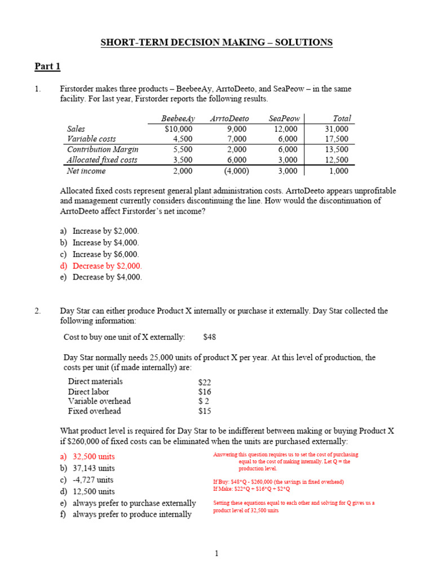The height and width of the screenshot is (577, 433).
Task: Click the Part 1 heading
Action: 47,67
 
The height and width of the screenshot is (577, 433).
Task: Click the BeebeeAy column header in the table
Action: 178,118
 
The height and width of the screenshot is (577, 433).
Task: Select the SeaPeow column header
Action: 282,118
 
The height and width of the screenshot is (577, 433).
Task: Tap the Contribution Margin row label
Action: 103,149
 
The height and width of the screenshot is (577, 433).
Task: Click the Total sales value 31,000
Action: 337,128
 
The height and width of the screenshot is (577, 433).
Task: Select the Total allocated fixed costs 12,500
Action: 337,160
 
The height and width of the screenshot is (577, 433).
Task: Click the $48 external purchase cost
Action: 209,337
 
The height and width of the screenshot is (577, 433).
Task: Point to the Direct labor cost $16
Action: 205,392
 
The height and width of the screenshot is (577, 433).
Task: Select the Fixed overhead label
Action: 95,411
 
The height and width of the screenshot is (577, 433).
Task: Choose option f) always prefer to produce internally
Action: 127,514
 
